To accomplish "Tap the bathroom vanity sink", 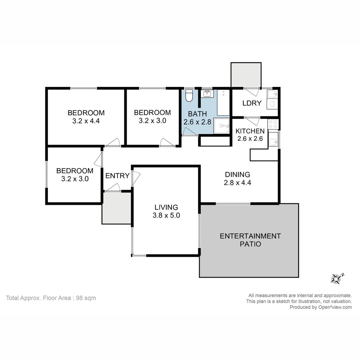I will pos(207,94).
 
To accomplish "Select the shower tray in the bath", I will pos(222,126).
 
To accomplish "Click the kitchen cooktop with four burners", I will pos(273,124).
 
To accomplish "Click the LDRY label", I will pos(252,103).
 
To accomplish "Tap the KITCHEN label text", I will pos(250,131).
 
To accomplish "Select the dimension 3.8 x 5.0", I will pos(166,215).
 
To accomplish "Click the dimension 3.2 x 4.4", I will pos(86,121).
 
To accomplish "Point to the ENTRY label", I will pos(117,176).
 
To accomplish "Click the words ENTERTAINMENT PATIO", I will pos(250,240).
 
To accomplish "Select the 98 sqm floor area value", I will pos(86,298).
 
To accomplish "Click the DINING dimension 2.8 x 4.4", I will pos(237,183).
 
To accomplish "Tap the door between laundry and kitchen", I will pos(252,120).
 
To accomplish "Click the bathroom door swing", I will pos(189,133).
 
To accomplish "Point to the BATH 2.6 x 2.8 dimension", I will pos(197,122).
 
